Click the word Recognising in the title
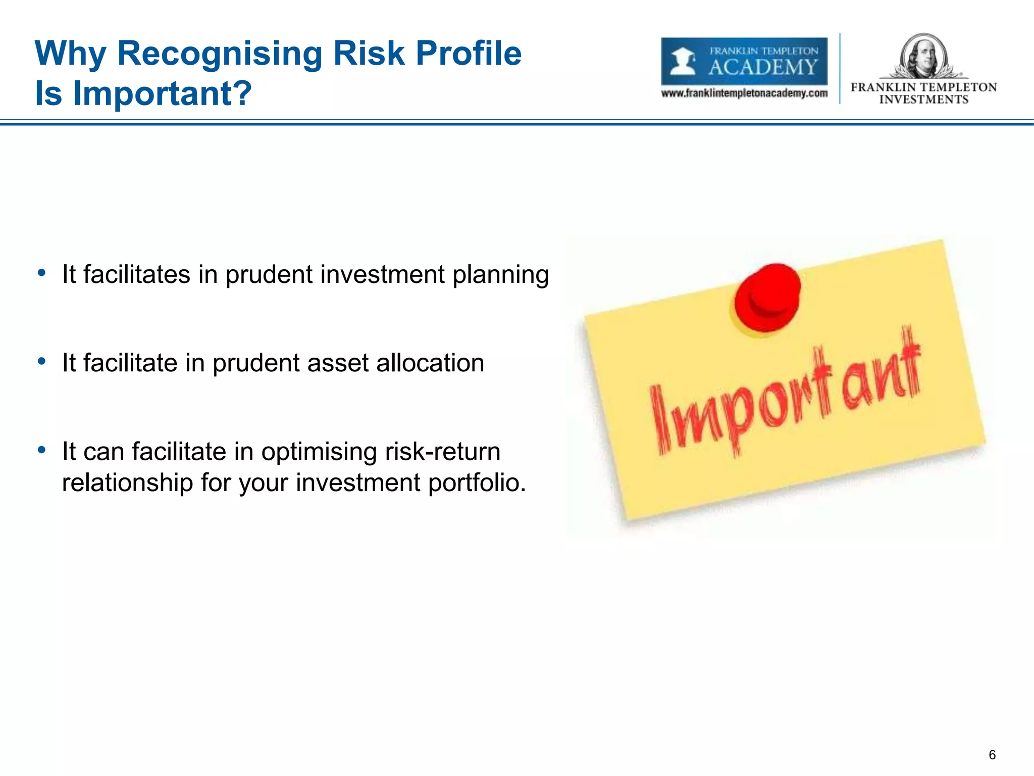click(x=220, y=54)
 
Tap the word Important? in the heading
click(x=162, y=94)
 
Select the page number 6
click(x=992, y=755)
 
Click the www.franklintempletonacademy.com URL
click(x=744, y=93)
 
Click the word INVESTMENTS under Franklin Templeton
click(x=923, y=100)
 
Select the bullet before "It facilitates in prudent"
click(x=42, y=273)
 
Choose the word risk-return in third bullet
click(x=442, y=452)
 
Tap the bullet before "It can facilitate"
click(x=42, y=450)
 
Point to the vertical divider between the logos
click(x=840, y=69)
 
